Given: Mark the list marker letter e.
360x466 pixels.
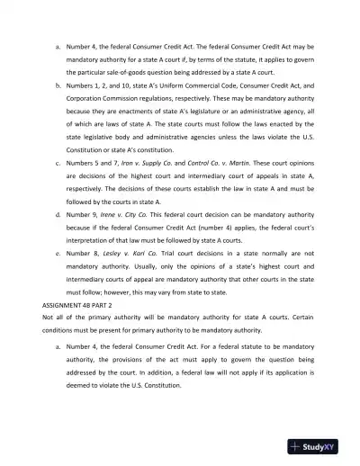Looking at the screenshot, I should click(58, 255).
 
